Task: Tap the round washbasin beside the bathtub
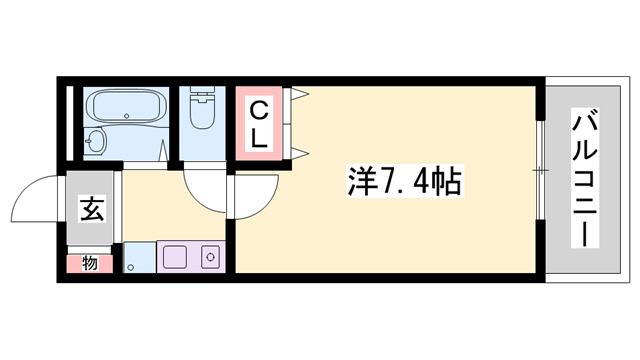[x=95, y=141]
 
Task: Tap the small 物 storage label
[x=89, y=264]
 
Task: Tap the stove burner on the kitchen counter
[x=211, y=257]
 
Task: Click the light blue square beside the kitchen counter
[x=139, y=257]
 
